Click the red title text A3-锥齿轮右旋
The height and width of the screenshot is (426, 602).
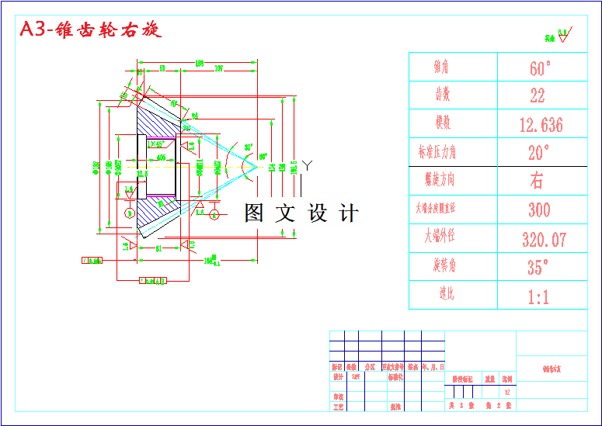tap(90, 30)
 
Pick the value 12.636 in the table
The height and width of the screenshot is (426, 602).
tap(541, 125)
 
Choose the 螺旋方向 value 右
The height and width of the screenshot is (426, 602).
tap(537, 181)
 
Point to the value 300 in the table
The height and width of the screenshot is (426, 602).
tap(539, 210)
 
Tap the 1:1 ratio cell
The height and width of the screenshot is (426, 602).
tap(538, 296)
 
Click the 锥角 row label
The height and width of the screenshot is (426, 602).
tap(441, 68)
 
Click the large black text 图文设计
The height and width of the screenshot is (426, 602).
tap(301, 213)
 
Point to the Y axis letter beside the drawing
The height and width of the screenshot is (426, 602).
tap(308, 165)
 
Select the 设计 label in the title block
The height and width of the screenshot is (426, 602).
tap(337, 376)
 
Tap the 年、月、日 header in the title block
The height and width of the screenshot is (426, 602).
tap(432, 366)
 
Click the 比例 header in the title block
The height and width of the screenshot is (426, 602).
tap(507, 379)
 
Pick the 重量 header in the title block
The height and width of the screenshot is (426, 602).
tap(489, 379)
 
